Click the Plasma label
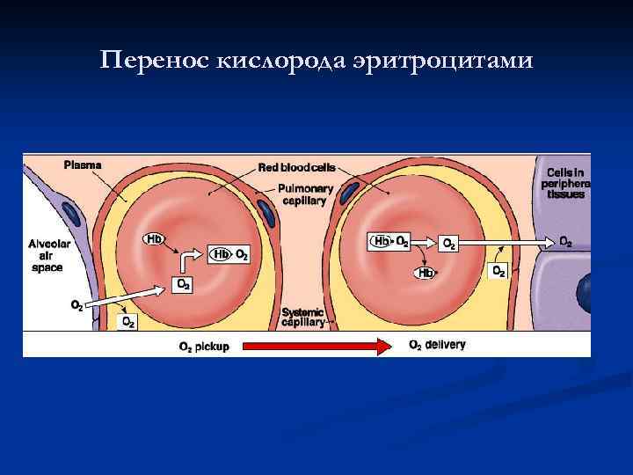click(x=83, y=164)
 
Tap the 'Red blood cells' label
click(x=296, y=167)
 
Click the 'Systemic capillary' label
click(x=303, y=317)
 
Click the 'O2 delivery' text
click(x=437, y=345)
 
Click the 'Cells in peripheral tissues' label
click(x=566, y=182)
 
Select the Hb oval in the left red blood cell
click(x=153, y=238)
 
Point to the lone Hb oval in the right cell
click(x=425, y=273)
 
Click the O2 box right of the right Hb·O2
click(x=447, y=242)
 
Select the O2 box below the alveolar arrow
click(x=127, y=322)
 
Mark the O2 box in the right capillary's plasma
click(x=498, y=271)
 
